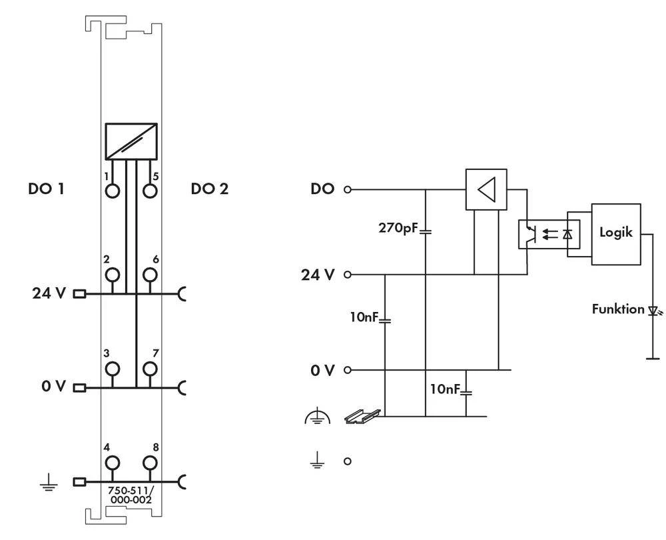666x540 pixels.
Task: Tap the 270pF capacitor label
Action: point(398,227)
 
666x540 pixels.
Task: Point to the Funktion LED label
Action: point(617,309)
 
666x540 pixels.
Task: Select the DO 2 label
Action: point(210,189)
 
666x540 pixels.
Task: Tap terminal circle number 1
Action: point(112,191)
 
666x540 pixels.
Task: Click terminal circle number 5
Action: point(151,191)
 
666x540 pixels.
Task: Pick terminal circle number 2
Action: point(112,275)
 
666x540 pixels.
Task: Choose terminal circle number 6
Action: point(151,275)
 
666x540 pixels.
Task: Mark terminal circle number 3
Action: point(112,369)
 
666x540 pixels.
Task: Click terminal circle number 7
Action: point(151,369)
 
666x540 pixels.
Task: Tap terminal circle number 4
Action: point(112,462)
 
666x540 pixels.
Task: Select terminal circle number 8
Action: point(151,462)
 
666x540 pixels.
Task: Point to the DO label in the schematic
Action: point(323,189)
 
